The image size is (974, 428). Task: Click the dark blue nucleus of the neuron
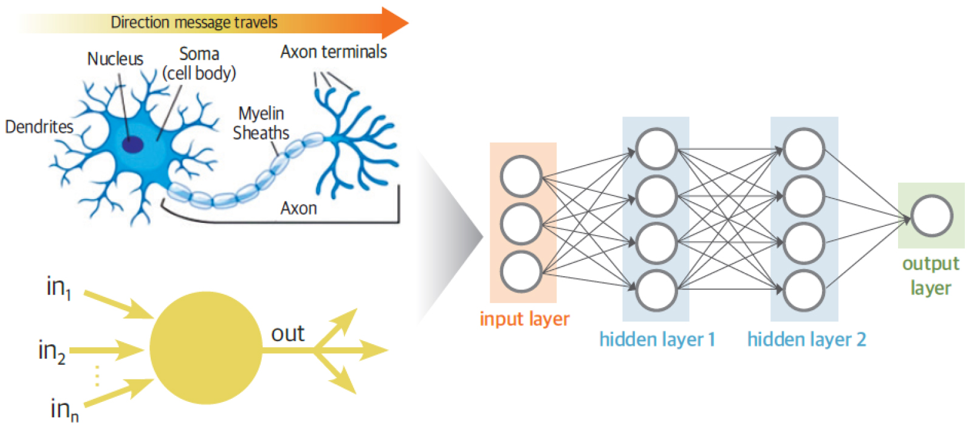[x=132, y=144]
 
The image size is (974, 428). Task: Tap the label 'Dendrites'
[x=39, y=127]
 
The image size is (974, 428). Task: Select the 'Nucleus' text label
[x=115, y=59]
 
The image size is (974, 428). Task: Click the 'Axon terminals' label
[x=334, y=52]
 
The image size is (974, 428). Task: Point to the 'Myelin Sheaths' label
[x=261, y=123]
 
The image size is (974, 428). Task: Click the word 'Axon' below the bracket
[x=298, y=208]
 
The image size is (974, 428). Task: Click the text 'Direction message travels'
[x=194, y=23]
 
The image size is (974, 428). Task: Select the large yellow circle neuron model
[x=206, y=348]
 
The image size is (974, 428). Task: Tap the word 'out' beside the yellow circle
[x=287, y=334]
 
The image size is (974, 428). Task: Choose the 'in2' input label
[x=52, y=351]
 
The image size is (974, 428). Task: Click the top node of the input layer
[x=521, y=177]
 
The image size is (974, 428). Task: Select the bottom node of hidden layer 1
[x=656, y=291]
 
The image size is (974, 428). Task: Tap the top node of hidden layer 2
[x=804, y=149]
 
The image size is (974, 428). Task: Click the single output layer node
[x=931, y=216]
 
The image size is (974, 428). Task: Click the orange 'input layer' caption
[x=524, y=319]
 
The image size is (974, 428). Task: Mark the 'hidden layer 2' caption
[x=806, y=339]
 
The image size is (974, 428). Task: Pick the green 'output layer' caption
[x=930, y=276]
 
